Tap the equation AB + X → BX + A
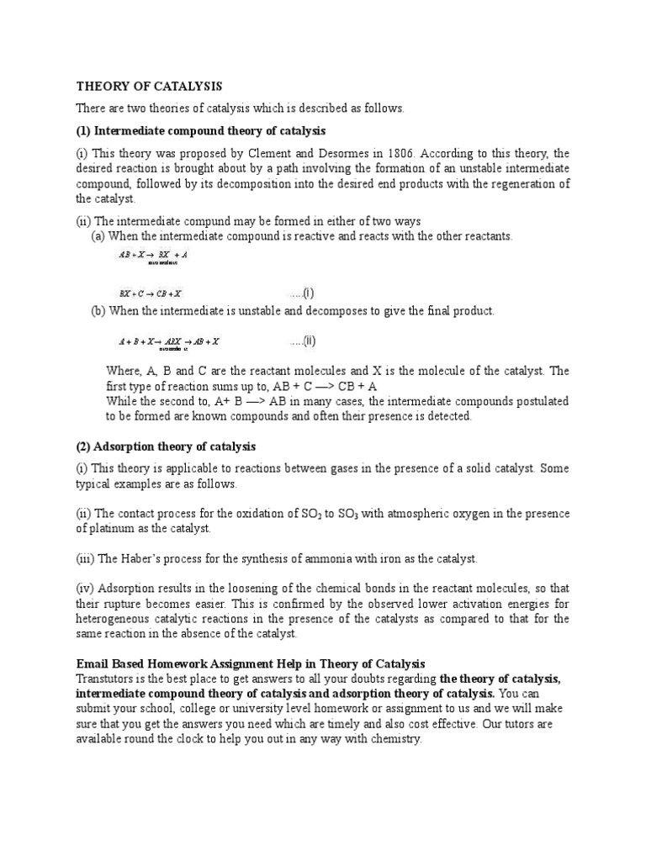[x=153, y=253]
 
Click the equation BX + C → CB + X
[x=151, y=293]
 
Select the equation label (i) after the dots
[x=309, y=293]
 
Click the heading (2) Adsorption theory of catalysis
[x=166, y=446]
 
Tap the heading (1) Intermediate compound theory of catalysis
[x=201, y=131]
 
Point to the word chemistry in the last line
[x=393, y=739]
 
